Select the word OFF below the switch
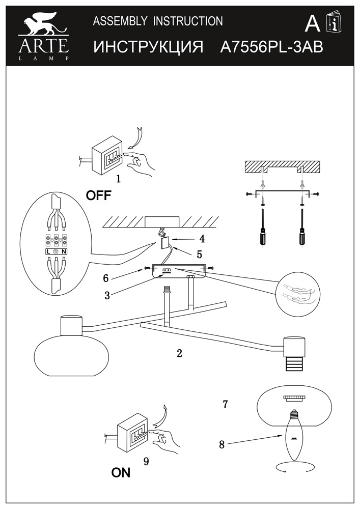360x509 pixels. click(98, 195)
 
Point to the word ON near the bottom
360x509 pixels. click(121, 473)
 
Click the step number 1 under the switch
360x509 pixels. click(118, 179)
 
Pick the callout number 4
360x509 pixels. click(202, 238)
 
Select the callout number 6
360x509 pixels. click(106, 278)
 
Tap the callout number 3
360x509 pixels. click(107, 296)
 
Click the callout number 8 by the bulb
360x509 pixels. click(221, 444)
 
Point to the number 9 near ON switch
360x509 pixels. click(146, 461)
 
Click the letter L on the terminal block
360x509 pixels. click(48, 251)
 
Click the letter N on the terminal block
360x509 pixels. click(64, 251)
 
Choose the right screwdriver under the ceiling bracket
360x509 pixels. click(302, 232)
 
